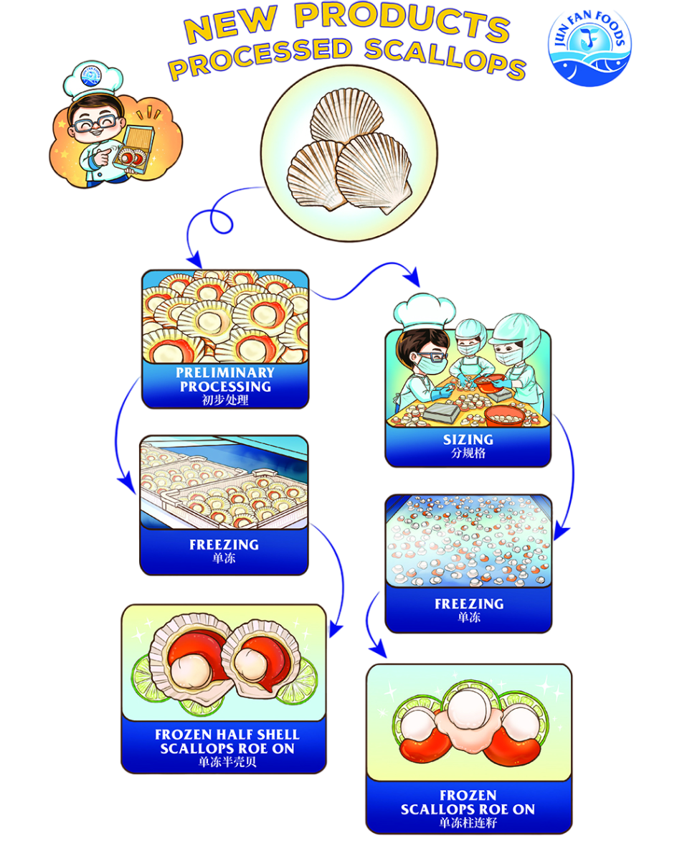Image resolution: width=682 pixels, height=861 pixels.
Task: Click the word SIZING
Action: click(x=468, y=439)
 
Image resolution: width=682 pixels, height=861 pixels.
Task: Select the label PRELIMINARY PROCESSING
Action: click(x=225, y=380)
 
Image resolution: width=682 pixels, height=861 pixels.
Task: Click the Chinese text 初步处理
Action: click(x=225, y=400)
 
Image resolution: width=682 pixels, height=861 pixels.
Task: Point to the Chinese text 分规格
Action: click(x=468, y=454)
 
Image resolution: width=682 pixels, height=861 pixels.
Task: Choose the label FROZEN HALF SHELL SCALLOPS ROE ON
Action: click(x=227, y=741)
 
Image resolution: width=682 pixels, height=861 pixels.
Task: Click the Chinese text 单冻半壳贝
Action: click(x=227, y=762)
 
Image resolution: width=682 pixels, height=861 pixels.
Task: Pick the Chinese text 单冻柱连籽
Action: click(x=468, y=823)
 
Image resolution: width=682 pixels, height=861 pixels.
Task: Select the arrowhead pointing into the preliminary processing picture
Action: click(x=192, y=260)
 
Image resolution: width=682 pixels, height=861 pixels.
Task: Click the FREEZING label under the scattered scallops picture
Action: click(x=468, y=604)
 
